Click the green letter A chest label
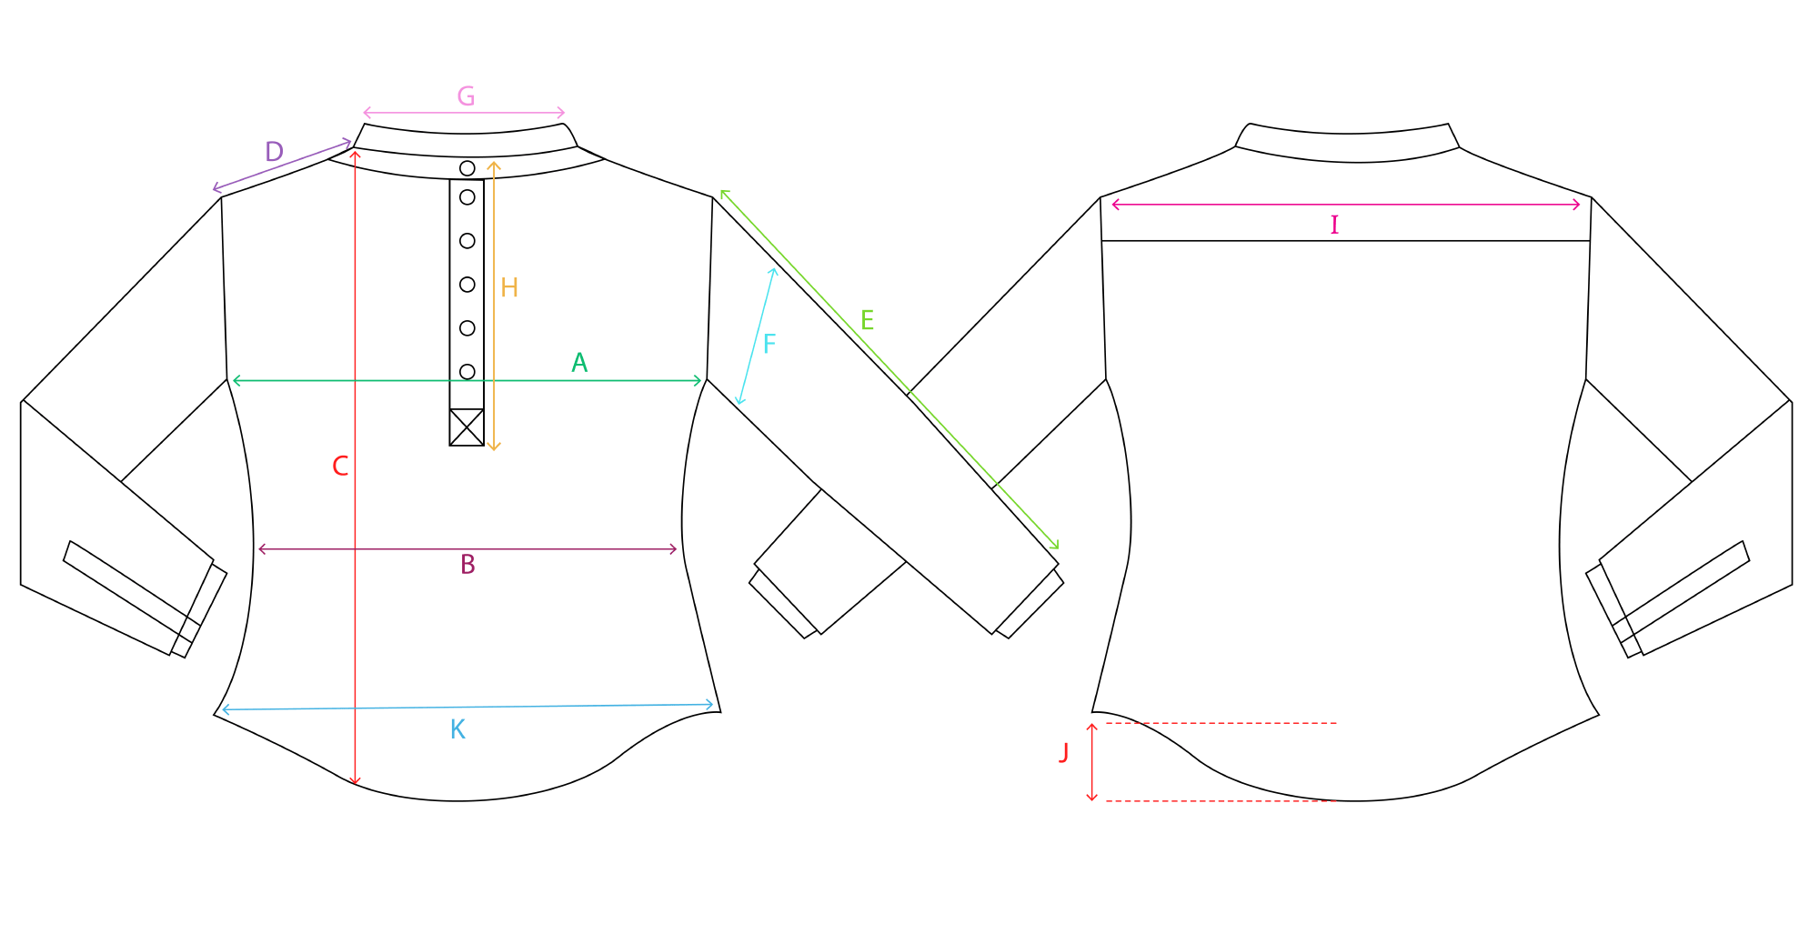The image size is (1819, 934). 579,363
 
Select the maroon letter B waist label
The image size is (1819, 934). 467,565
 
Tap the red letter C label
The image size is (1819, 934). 340,467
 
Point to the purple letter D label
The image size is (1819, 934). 274,152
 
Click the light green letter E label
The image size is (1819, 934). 867,320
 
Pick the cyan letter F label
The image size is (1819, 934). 769,344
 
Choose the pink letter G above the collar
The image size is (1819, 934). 466,95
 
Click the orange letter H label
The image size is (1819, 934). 509,288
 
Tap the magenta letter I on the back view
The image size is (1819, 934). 1334,225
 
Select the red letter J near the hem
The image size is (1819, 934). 1063,753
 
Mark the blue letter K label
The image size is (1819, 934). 457,729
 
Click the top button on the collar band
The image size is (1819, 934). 467,168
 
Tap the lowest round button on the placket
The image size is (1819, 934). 467,371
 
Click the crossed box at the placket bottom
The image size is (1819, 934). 467,427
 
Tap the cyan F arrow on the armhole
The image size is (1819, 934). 757,336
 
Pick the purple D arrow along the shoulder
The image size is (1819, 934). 282,166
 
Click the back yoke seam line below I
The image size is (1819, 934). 1346,241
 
